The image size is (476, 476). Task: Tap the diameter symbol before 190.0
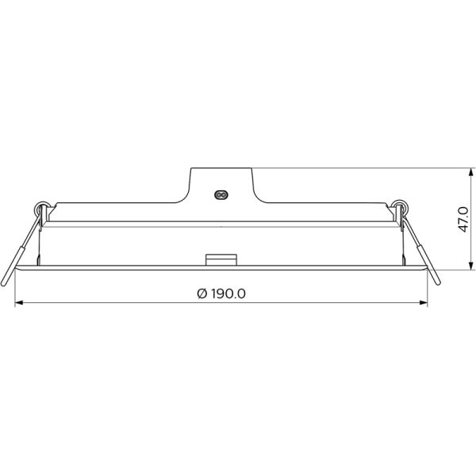coord(201,293)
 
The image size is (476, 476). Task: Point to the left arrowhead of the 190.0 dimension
coord(20,302)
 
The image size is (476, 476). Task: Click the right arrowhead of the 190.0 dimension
coord(424,302)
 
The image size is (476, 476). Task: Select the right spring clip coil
coord(402,209)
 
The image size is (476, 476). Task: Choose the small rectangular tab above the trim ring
coord(222,259)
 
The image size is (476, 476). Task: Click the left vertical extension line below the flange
coord(15,290)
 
